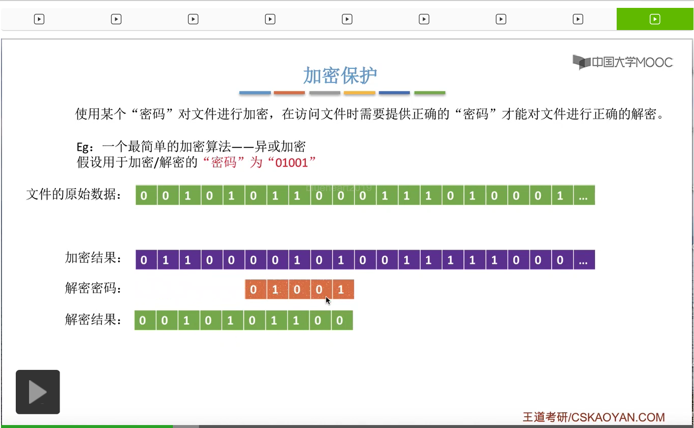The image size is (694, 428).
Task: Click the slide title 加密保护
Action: [x=340, y=75]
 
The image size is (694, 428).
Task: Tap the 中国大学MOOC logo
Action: [x=623, y=62]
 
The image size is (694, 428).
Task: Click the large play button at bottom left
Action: [x=38, y=392]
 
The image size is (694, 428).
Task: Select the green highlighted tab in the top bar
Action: [x=655, y=19]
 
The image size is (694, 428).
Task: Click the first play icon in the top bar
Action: [x=39, y=19]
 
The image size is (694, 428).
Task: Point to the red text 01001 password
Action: [x=292, y=163]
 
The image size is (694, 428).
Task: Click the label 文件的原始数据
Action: [x=74, y=195]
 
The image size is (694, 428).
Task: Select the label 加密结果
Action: [x=93, y=258]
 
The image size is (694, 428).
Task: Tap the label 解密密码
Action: [x=93, y=288]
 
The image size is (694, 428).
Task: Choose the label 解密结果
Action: [x=93, y=320]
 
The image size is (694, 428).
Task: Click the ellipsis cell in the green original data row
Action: [x=584, y=196]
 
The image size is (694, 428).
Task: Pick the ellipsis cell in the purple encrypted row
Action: [x=584, y=260]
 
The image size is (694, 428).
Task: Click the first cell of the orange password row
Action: [x=254, y=290]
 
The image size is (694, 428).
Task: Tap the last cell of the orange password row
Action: [x=341, y=290]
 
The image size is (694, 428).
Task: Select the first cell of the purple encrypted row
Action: [x=144, y=260]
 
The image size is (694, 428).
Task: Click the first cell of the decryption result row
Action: [x=143, y=321]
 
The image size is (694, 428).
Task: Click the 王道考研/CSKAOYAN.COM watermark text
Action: [x=594, y=417]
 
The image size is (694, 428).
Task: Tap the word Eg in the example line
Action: [x=82, y=147]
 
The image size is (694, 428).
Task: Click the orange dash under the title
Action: [x=289, y=93]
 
